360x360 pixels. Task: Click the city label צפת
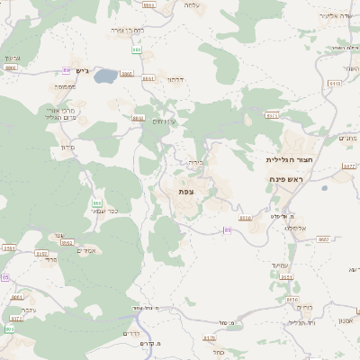tap(186, 192)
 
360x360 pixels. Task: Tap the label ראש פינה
tap(289, 180)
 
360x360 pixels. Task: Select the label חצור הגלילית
tap(288, 159)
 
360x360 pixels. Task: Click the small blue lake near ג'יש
tap(105, 76)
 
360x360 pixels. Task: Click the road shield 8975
tap(272, 115)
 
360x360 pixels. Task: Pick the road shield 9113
tap(335, 83)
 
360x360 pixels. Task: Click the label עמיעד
tap(278, 265)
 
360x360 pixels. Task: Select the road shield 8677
tap(349, 166)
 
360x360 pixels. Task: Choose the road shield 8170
tap(210, 338)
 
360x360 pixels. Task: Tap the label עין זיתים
tap(164, 121)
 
